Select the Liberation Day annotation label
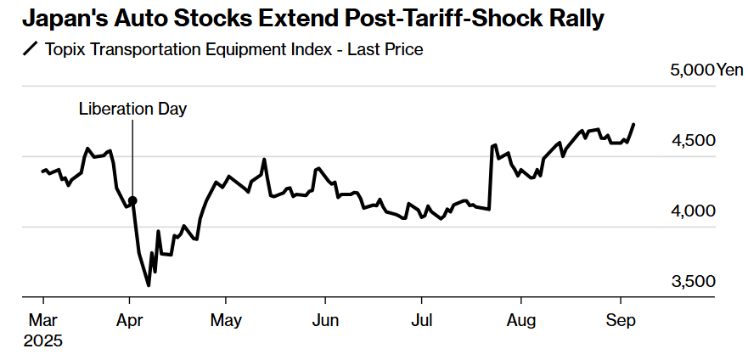(132, 109)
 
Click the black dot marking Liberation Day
(132, 200)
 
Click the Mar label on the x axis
(43, 321)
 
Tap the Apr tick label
(129, 321)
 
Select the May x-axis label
(226, 321)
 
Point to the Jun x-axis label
(325, 321)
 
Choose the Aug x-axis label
(520, 321)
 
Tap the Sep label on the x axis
(620, 321)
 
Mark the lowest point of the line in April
(149, 285)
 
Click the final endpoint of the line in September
(633, 124)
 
